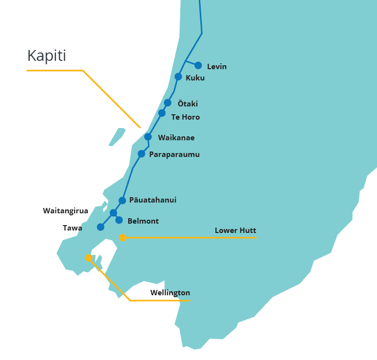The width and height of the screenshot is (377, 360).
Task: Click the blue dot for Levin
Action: coord(198,65)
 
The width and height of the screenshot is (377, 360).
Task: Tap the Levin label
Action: coord(216,67)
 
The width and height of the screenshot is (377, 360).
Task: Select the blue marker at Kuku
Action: coord(178,77)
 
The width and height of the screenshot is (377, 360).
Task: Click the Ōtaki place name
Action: coord(188,103)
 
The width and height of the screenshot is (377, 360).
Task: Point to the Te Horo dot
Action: coord(162,113)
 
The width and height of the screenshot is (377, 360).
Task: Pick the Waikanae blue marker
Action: coord(148,137)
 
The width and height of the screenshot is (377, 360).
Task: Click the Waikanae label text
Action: coord(176,138)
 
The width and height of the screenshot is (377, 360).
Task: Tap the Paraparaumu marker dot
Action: coord(141,154)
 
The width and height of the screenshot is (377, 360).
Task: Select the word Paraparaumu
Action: coord(174,154)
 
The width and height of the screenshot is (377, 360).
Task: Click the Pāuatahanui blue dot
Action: coord(122,200)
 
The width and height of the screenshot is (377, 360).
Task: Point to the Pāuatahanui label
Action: coord(153,200)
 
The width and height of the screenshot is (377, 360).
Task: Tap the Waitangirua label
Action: coord(66,211)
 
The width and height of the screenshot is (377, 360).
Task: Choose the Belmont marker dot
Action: coord(119,220)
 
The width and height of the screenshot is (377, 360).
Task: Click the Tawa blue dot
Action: coord(101,227)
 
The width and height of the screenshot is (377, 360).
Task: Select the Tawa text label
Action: coord(73,228)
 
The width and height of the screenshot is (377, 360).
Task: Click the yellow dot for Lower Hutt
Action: coord(123,238)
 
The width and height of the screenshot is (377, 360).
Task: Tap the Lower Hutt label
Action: coord(235,231)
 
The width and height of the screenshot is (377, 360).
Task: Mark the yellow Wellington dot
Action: coord(88,257)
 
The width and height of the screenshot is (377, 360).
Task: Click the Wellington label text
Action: coord(170,293)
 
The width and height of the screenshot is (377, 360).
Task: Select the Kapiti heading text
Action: coord(47,55)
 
